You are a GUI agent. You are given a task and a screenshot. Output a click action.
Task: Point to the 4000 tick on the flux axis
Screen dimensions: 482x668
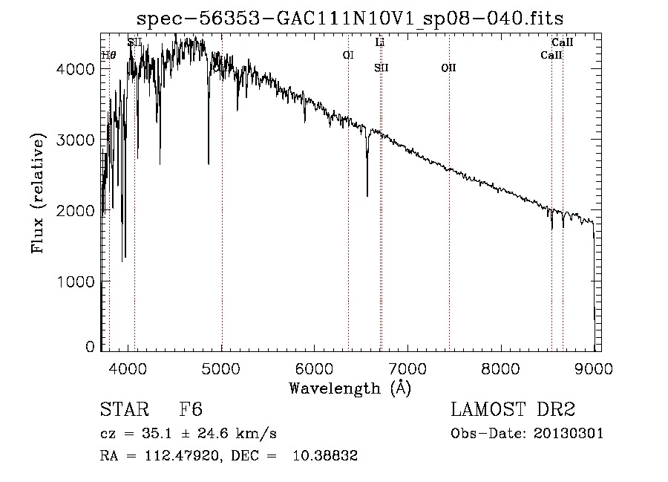76,69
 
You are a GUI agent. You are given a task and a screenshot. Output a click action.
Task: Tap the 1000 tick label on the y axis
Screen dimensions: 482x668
76,281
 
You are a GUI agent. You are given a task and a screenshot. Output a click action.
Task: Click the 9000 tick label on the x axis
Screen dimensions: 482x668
595,368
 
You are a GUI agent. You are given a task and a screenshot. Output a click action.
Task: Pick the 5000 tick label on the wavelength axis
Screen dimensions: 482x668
221,368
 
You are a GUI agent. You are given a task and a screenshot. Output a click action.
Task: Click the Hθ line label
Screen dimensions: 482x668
109,55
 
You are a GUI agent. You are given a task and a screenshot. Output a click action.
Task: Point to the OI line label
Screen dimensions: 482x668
348,55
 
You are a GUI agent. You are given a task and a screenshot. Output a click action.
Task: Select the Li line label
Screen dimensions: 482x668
380,43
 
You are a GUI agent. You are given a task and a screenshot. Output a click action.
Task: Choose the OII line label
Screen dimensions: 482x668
448,68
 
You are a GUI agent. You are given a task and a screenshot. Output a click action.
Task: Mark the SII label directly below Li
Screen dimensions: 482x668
381,68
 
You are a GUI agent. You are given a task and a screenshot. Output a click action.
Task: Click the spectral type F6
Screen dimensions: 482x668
191,411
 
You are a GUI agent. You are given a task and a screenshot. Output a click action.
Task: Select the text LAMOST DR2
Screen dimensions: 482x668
513,411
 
